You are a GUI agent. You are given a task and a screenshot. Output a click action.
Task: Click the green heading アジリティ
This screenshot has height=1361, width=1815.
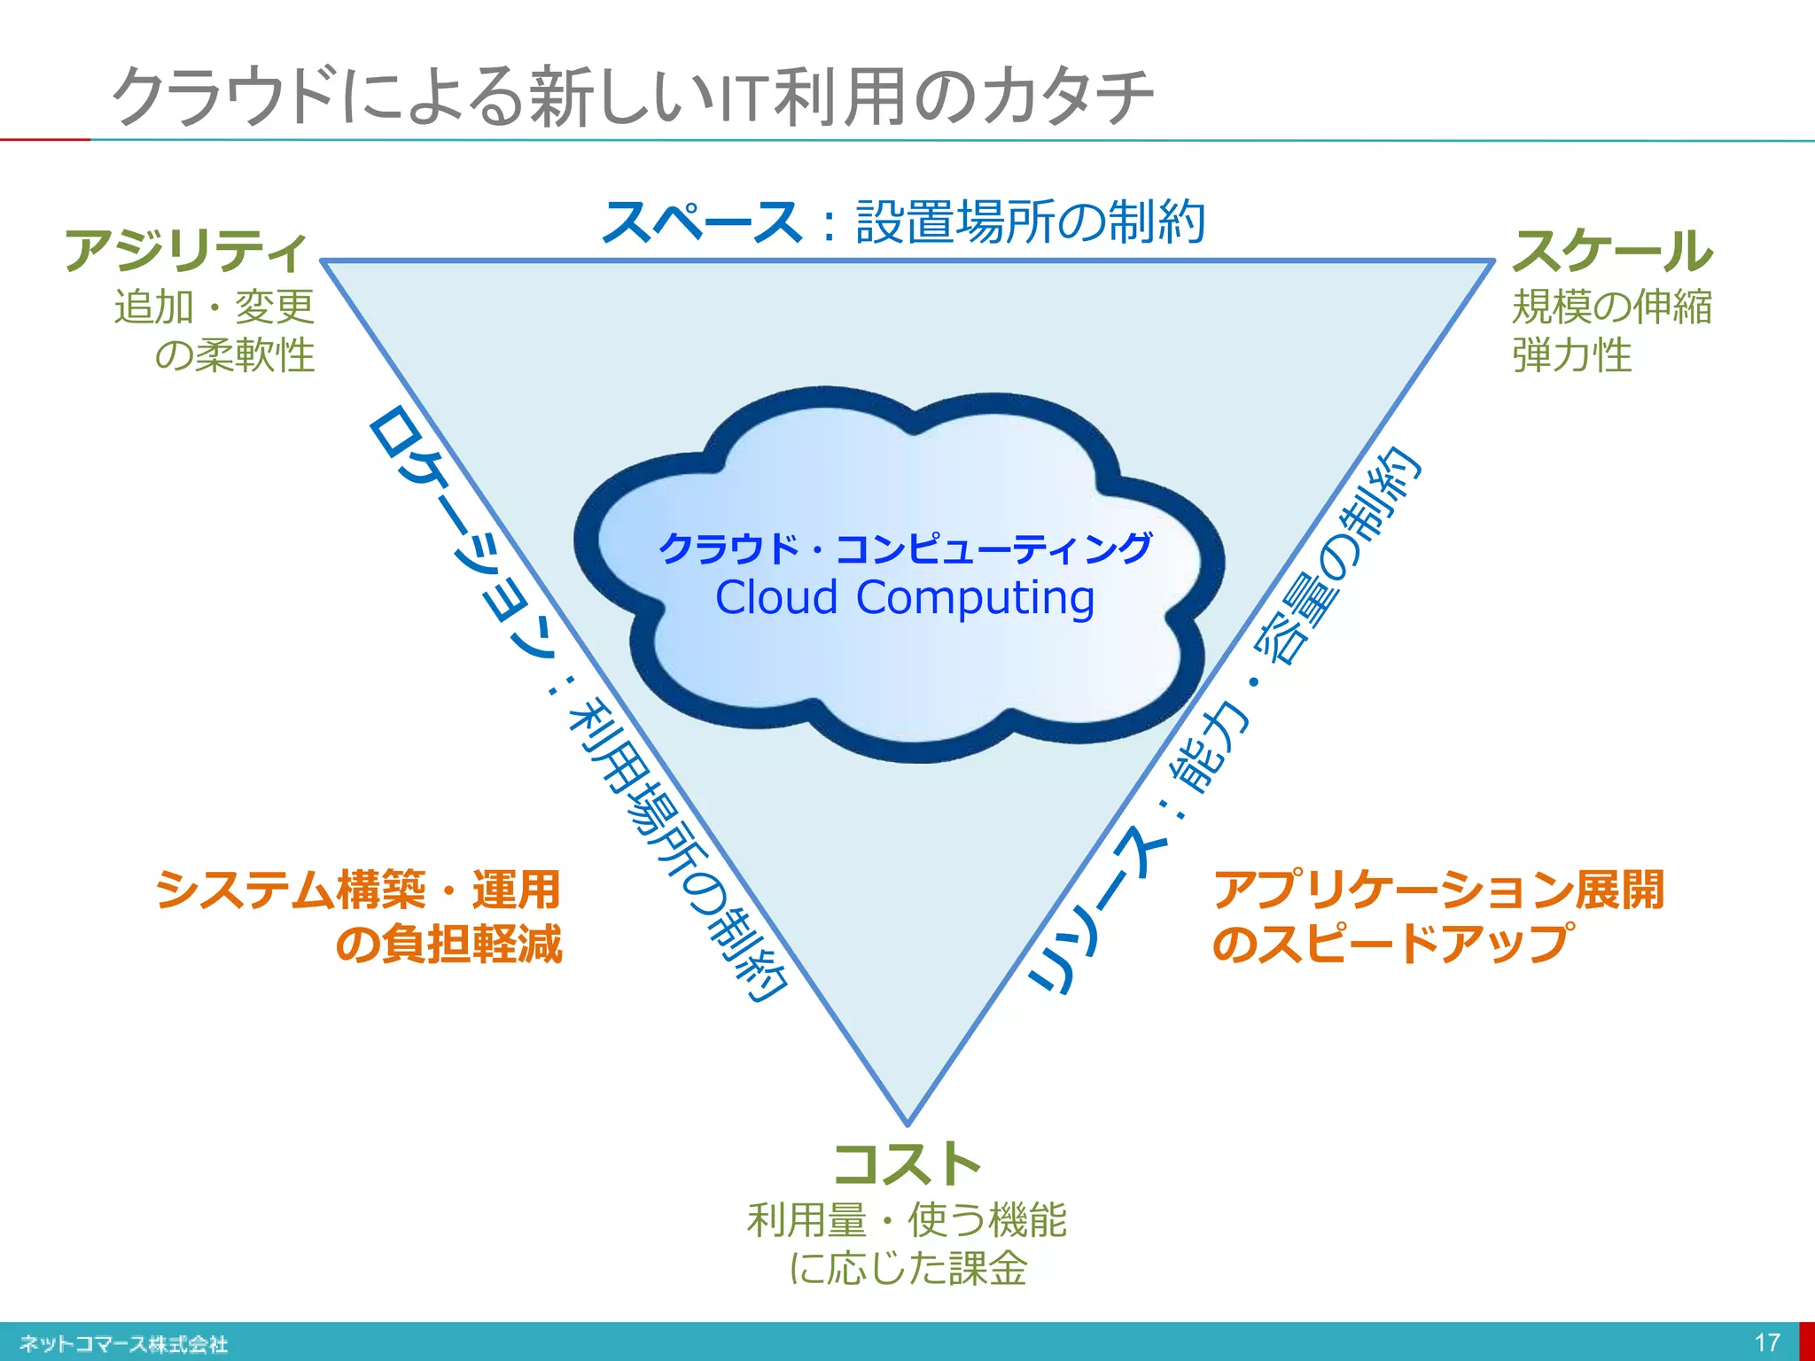coord(186,251)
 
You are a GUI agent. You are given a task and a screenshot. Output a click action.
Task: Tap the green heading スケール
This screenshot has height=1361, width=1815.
coord(1612,251)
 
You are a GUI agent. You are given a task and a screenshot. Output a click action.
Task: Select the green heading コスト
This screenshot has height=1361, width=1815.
coord(907,1164)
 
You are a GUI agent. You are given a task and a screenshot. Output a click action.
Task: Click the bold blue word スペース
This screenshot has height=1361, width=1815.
coord(702,222)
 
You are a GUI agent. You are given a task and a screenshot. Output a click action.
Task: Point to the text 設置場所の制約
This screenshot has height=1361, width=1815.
coord(1030,222)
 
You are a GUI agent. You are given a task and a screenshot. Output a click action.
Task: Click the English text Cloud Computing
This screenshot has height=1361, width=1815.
coord(905,597)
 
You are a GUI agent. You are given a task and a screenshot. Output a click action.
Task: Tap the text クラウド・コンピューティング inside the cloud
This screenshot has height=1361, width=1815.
coord(905,548)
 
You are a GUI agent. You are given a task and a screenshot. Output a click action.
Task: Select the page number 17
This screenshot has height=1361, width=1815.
coord(1767,1342)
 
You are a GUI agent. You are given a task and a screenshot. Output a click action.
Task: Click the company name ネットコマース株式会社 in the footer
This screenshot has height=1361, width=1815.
coord(124,1344)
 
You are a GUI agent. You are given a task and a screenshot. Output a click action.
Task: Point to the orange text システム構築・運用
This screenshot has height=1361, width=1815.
coord(358,890)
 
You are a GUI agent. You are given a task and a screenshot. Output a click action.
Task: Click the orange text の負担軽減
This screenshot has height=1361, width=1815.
coord(448,943)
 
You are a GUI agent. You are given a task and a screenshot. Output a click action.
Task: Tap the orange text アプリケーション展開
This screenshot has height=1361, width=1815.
coord(1438,890)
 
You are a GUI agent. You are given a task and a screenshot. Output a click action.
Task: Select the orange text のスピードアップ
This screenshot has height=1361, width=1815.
coord(1392,943)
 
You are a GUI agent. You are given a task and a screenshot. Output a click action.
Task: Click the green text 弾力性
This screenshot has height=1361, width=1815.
coord(1571,355)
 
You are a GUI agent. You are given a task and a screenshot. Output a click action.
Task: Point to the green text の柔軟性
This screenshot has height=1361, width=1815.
coord(235,355)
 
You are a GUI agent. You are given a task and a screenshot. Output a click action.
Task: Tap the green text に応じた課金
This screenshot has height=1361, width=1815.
coord(907,1268)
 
